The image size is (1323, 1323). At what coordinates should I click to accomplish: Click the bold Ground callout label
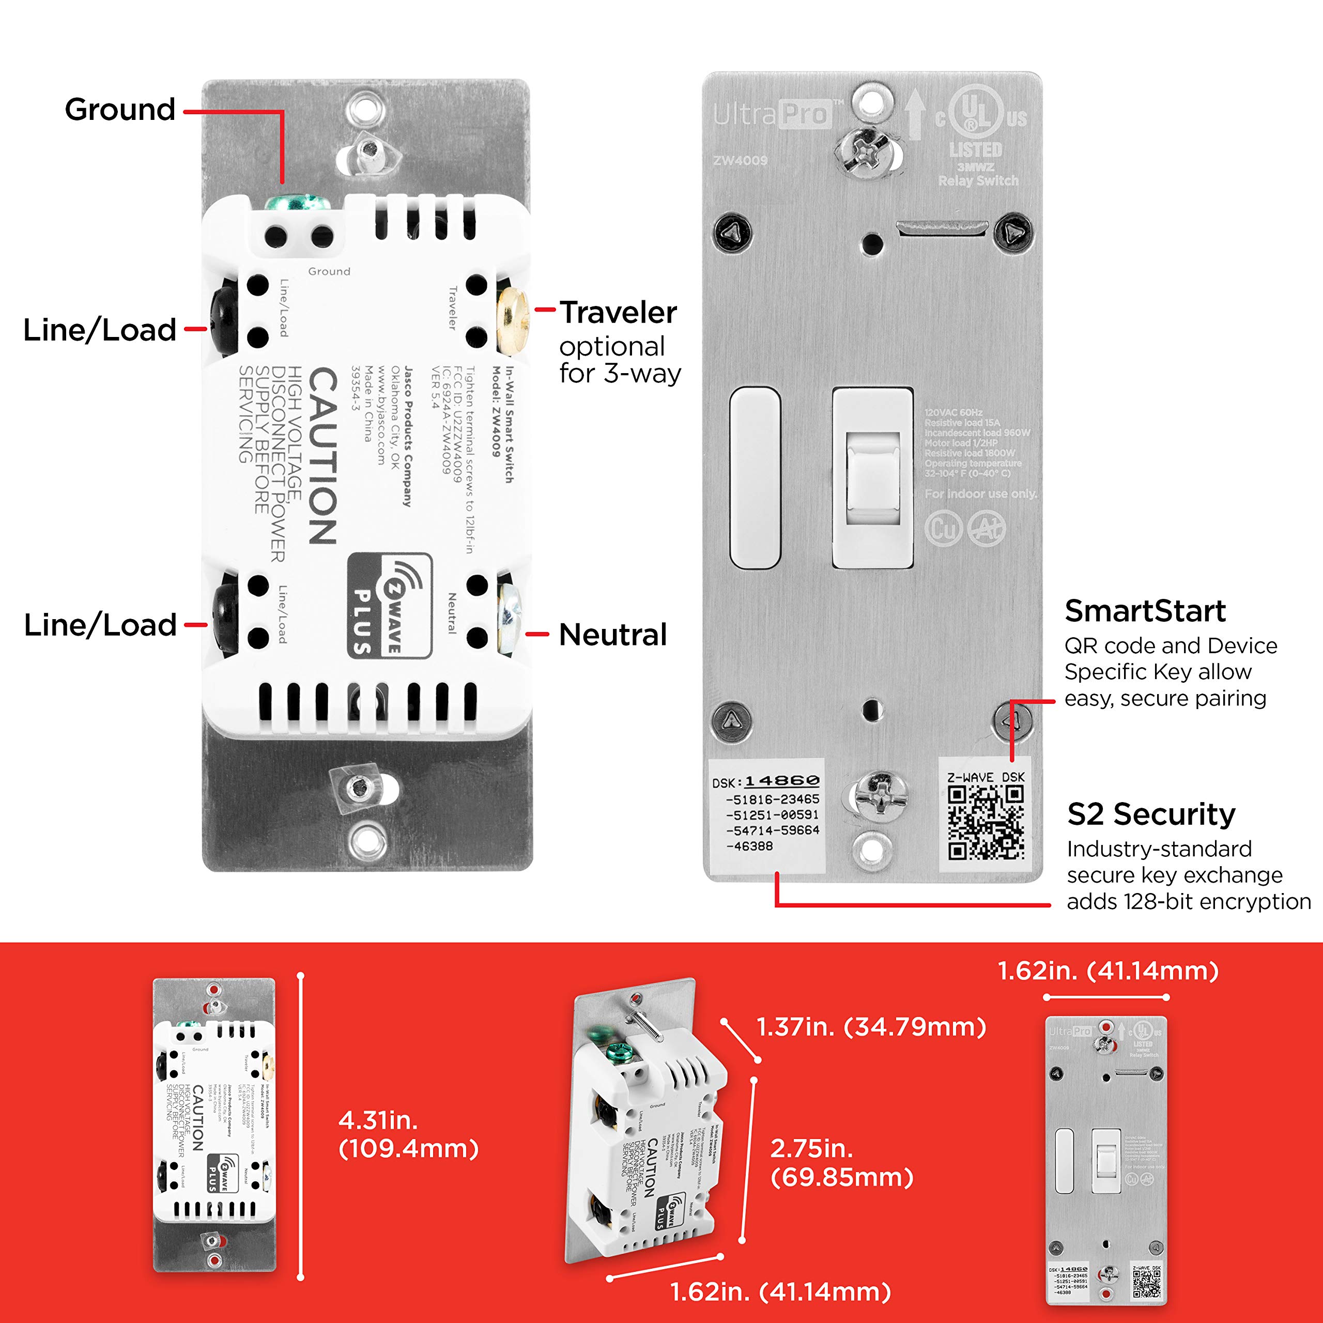pos(120,110)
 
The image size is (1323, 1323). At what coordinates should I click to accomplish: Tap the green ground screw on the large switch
pos(297,204)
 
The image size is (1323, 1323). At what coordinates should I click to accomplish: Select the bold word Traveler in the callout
pos(619,313)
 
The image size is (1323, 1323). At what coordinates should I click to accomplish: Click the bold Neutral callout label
pos(613,635)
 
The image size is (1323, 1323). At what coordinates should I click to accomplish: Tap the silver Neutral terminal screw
pos(509,615)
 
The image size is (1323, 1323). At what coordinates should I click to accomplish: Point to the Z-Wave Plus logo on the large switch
pos(389,605)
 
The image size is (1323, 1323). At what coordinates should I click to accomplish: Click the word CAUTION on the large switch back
pos(322,455)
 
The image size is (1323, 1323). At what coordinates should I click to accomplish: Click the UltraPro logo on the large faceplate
pos(772,114)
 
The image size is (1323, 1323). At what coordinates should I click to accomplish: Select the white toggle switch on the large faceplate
pos(872,478)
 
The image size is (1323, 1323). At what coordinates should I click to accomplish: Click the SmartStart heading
pos(1145,611)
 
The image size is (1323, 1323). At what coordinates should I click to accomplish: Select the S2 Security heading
pos(1151,814)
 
